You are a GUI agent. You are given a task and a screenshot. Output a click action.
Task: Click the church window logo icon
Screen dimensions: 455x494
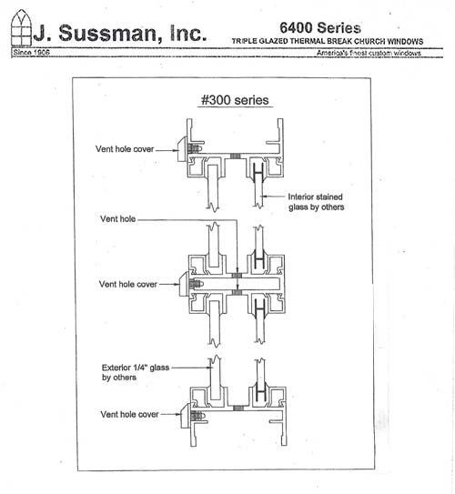click(21, 27)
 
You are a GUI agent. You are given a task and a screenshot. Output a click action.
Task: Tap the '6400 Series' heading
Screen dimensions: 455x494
click(320, 27)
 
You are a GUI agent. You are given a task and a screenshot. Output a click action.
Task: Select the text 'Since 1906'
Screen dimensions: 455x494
click(31, 52)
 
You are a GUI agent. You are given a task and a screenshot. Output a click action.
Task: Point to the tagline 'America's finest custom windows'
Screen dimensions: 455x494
click(369, 53)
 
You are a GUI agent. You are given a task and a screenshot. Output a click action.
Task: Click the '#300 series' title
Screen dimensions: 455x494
click(235, 100)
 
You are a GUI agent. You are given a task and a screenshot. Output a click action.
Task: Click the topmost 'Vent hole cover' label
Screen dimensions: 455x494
click(125, 149)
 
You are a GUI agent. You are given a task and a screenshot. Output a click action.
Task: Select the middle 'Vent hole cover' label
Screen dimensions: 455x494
click(128, 284)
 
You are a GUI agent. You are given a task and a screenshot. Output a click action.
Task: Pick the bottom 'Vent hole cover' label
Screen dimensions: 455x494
click(129, 414)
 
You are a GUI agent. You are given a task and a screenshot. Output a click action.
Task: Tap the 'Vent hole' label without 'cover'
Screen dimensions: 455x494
click(118, 219)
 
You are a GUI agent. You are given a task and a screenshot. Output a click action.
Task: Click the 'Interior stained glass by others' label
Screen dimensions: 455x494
click(316, 202)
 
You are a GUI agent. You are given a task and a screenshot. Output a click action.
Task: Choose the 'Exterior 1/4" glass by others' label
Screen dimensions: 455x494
click(136, 372)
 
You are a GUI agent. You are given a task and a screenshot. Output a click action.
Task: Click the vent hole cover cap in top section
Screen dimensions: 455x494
click(182, 149)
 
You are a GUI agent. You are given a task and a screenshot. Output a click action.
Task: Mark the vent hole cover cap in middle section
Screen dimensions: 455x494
click(184, 285)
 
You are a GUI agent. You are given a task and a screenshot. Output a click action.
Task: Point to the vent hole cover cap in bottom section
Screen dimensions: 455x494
click(185, 416)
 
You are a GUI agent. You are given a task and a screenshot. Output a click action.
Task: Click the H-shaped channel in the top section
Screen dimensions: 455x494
click(258, 173)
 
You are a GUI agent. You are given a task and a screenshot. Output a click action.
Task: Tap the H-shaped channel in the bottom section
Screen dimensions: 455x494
click(260, 392)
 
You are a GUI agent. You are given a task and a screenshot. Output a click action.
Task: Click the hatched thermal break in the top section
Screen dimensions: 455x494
click(236, 156)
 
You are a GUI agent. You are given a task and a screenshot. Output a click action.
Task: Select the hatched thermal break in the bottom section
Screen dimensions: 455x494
click(238, 408)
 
